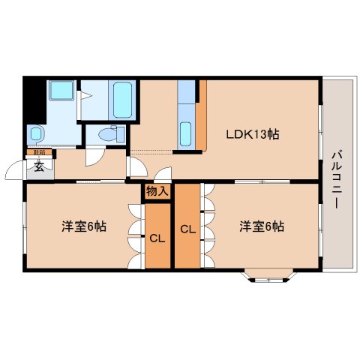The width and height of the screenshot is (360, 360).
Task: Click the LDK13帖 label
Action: pos(253,135)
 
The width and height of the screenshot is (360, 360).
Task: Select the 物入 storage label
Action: pos(157,192)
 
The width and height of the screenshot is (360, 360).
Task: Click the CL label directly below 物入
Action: pos(157,240)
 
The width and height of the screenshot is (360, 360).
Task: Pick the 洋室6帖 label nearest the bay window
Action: pos(262,226)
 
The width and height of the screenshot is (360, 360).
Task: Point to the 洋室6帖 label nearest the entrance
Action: pos(83,226)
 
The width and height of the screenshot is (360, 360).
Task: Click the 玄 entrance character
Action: pos(38,167)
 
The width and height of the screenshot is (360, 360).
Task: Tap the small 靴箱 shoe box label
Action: pos(38,154)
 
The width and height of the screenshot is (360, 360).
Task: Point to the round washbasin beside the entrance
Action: pos(36,135)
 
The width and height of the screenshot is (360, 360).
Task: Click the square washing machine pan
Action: pos(59,93)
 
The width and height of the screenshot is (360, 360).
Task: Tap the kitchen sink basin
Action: pos(186,133)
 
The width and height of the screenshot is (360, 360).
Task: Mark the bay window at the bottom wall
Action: pos(268,277)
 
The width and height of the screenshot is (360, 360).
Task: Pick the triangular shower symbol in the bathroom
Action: pos(85,95)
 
